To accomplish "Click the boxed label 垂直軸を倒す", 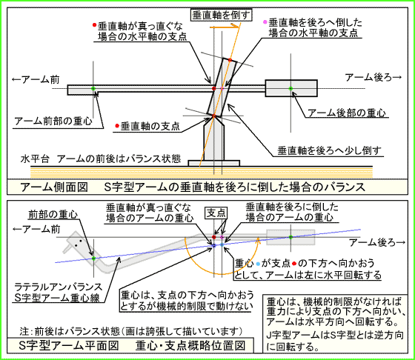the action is click(x=222, y=15).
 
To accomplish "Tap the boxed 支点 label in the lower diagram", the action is click(x=216, y=213).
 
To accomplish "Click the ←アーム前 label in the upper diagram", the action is click(x=36, y=79).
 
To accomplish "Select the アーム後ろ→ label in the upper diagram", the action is click(x=373, y=78).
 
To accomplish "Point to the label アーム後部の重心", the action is click(x=347, y=113).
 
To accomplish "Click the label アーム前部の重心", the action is click(x=53, y=121).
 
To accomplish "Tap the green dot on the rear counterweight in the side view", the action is click(x=290, y=88).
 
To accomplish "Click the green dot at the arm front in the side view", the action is click(x=93, y=88).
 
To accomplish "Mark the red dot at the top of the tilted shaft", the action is click(x=230, y=60).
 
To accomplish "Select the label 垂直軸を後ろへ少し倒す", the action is click(x=329, y=150).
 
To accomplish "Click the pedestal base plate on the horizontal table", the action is click(x=214, y=163).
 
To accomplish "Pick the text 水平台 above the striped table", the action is click(x=35, y=159).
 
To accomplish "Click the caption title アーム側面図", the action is click(x=54, y=187).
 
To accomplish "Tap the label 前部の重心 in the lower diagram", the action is click(x=53, y=215).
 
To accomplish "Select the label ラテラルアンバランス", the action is click(x=59, y=287).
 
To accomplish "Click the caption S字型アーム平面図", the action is click(x=69, y=346).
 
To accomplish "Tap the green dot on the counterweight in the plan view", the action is click(x=290, y=237).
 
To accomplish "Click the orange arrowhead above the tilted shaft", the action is click(x=236, y=26).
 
